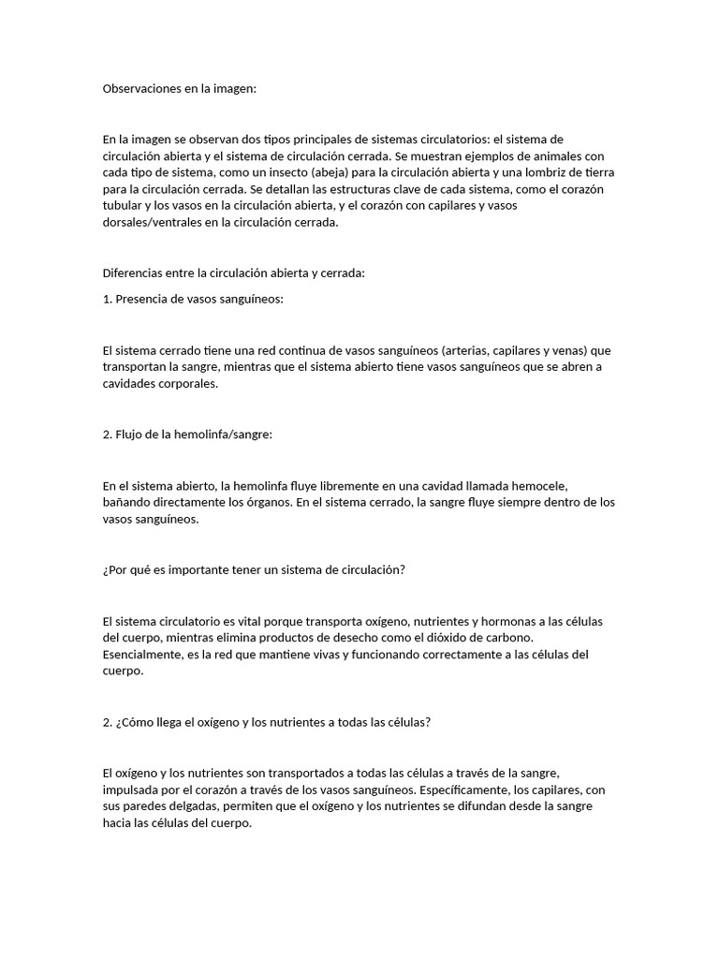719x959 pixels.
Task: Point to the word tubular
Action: point(123,206)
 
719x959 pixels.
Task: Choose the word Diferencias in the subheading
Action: point(134,273)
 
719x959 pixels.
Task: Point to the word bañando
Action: point(126,502)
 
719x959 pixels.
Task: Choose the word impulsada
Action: point(132,789)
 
